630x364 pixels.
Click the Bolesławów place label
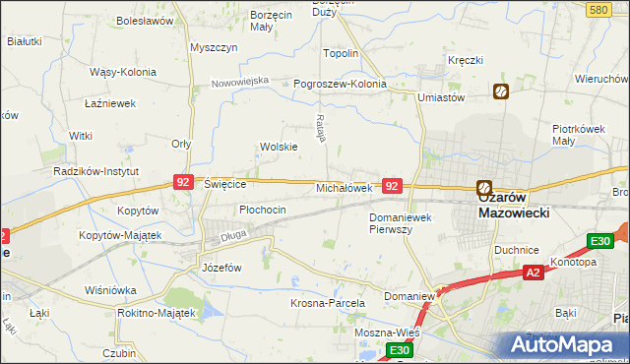tap(145, 20)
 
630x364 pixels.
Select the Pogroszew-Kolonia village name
tap(341, 85)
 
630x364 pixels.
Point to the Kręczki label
tap(465, 60)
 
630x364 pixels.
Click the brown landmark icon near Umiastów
tap(501, 91)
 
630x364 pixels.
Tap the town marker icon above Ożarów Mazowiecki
tap(484, 188)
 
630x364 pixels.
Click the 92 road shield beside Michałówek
tap(392, 186)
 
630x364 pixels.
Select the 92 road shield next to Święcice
tap(182, 182)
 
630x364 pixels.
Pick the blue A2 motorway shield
tap(532, 273)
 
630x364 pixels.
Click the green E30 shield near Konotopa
tap(599, 241)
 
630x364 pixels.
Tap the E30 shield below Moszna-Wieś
tap(398, 350)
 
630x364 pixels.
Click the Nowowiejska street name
tap(240, 81)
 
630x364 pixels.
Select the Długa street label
tap(233, 234)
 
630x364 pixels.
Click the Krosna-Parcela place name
tap(328, 304)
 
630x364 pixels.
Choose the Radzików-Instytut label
tap(97, 170)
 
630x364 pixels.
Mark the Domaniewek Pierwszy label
tap(404, 222)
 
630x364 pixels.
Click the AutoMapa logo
tap(563, 344)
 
